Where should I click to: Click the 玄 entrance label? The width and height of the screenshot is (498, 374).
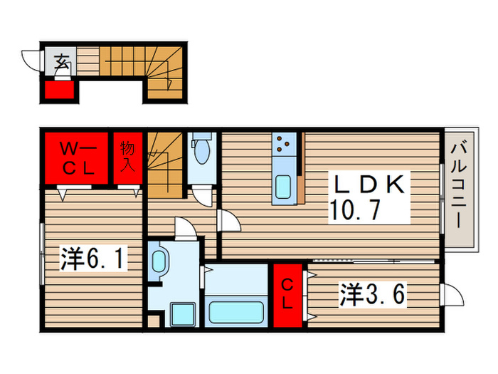click(x=62, y=62)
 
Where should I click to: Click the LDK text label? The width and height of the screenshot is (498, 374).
click(x=370, y=186)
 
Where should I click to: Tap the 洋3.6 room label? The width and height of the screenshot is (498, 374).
click(x=373, y=294)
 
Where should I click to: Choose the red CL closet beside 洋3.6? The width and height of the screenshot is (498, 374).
click(x=288, y=296)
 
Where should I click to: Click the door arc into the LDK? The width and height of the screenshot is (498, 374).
click(x=230, y=220)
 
